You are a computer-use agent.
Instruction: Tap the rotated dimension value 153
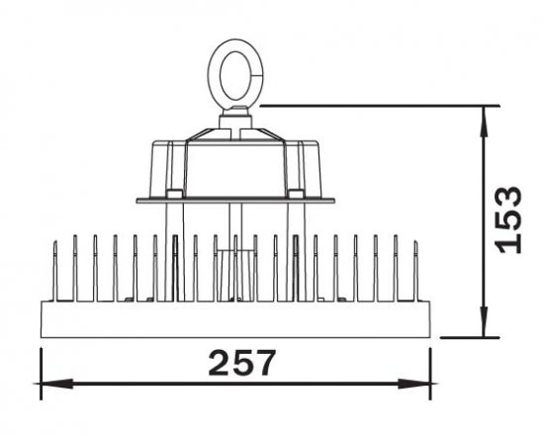pos(509,218)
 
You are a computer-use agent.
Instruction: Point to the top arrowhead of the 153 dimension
pos(484,114)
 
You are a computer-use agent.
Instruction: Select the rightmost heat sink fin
pos(415,267)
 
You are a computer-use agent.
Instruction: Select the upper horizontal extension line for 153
pos(376,103)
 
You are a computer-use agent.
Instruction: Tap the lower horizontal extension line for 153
pos(465,336)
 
